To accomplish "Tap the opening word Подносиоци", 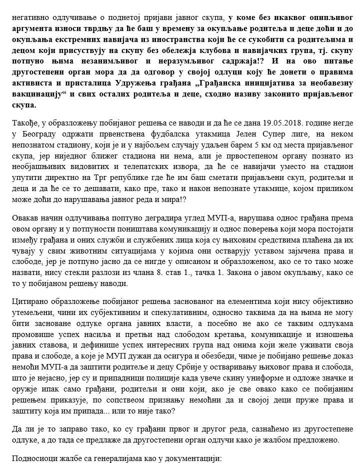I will [x=31, y=458].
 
